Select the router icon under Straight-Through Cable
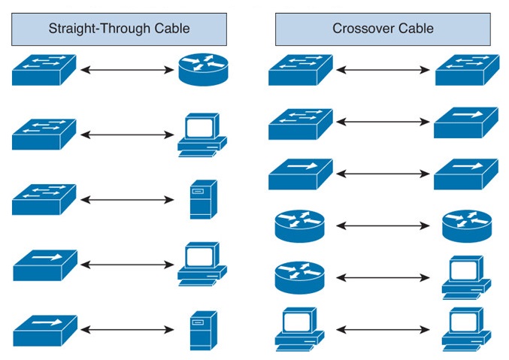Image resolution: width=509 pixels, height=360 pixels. pos(202,70)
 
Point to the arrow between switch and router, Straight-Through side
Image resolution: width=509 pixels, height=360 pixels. pos(127,71)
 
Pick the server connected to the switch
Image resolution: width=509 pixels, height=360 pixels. pos(203,199)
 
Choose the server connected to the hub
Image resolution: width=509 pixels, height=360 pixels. pos(203,330)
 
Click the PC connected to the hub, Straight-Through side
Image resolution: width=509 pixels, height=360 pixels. pos(201,264)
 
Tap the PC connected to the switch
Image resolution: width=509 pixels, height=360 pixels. pos(201,135)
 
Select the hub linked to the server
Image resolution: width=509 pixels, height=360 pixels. pos(44,330)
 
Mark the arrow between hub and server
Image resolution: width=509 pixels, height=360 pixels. pos(127,329)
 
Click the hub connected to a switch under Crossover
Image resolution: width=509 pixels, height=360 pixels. pos(465,123)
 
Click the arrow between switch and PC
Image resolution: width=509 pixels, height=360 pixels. pos(127,135)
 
